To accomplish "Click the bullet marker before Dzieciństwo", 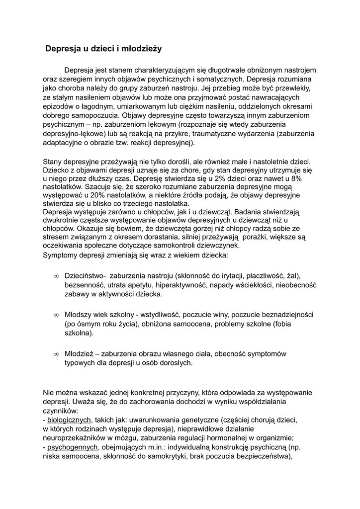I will tap(56, 276).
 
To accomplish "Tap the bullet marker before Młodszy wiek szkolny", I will tap(56, 315).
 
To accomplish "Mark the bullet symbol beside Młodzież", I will tap(56, 354).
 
